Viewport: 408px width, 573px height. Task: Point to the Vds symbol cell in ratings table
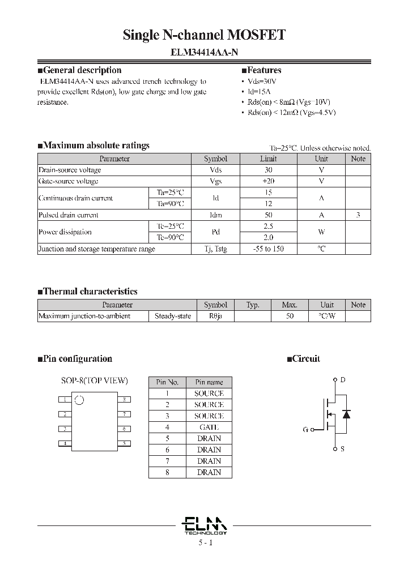215,170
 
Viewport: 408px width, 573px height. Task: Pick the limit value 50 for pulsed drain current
269,215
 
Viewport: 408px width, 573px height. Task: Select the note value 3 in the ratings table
358,215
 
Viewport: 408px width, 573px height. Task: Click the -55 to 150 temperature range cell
269,249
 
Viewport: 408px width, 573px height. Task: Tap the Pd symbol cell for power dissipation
215,232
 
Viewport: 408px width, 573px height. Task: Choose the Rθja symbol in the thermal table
215,316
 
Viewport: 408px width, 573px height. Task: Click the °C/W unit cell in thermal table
327,316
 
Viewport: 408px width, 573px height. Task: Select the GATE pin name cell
209,427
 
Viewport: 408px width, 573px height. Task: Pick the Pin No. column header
167,382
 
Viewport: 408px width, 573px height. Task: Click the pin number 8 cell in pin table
167,472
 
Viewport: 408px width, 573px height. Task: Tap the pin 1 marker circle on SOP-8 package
79,400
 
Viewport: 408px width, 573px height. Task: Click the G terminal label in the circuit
305,430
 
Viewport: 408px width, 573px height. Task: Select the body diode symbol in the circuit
347,414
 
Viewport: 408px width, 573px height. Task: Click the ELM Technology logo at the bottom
205,525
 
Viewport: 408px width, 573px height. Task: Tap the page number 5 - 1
205,543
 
